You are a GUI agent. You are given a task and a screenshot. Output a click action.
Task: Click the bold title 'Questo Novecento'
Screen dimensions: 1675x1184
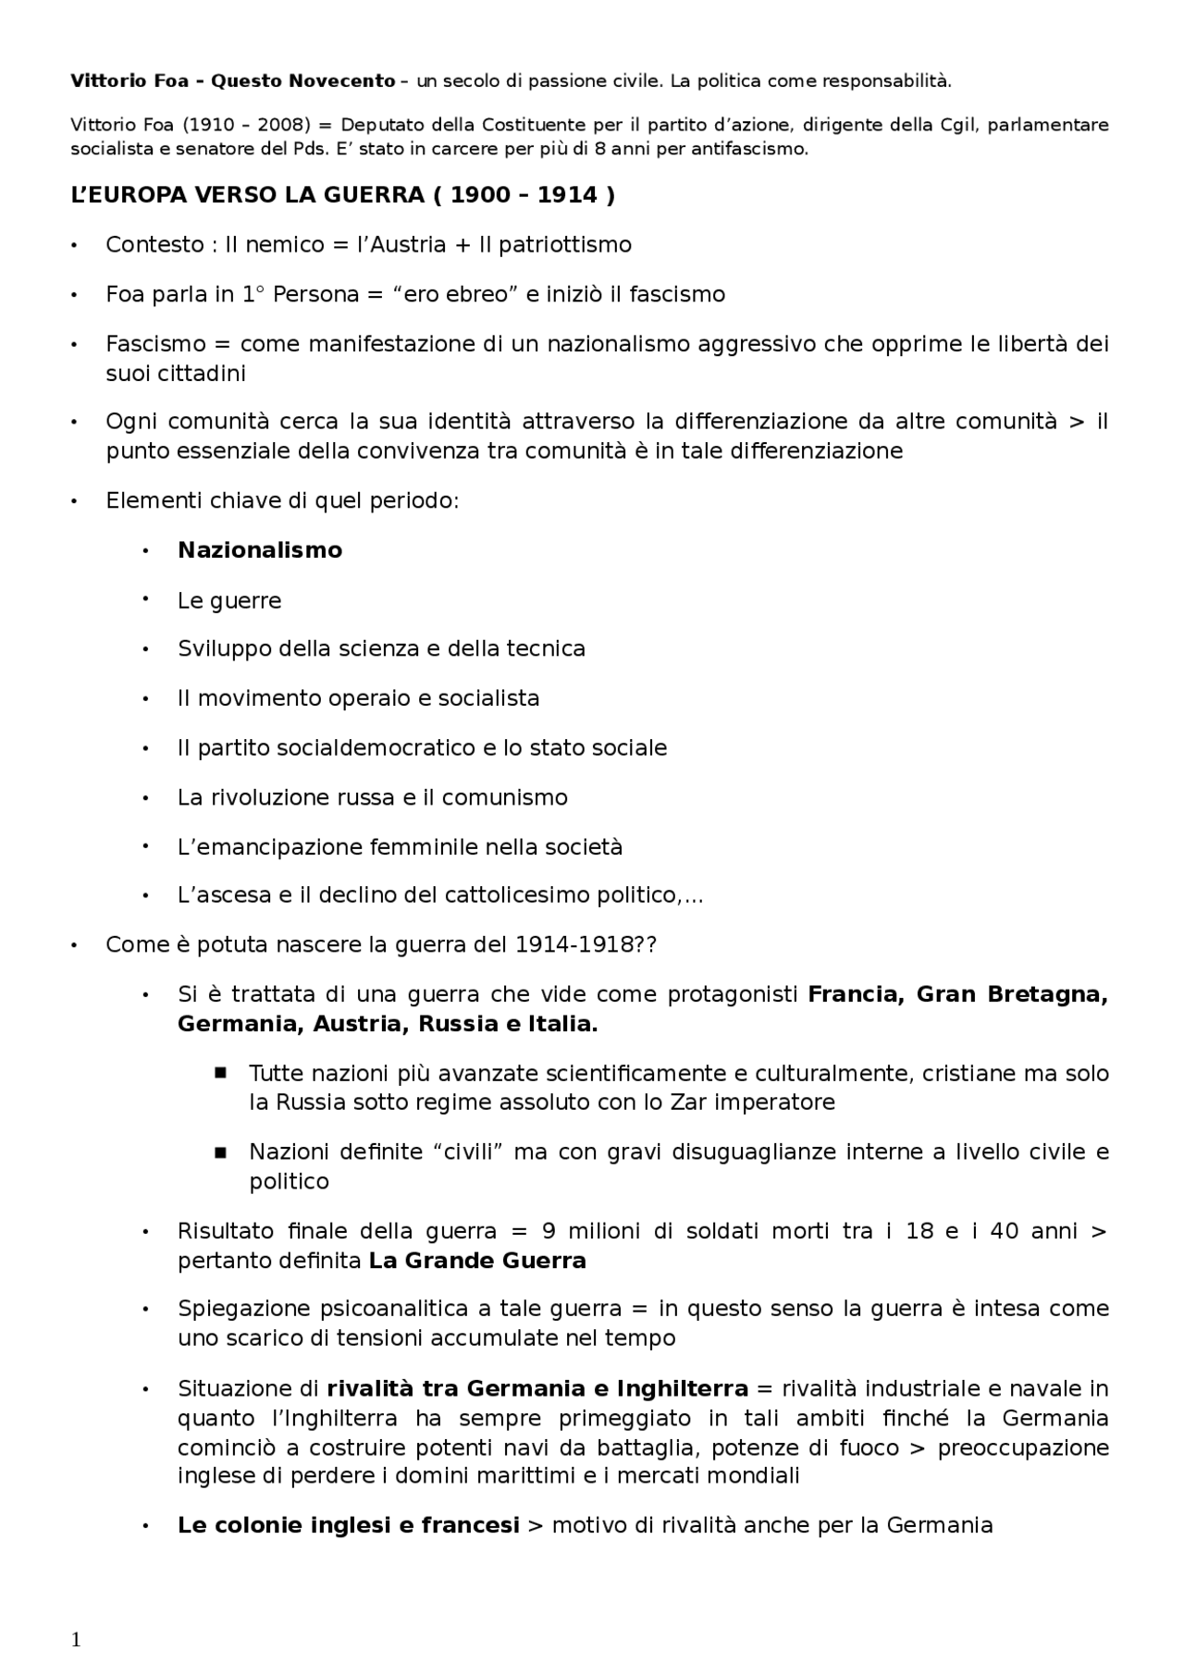coord(303,81)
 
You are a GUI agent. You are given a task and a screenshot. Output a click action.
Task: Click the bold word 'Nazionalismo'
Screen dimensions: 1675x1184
coord(260,550)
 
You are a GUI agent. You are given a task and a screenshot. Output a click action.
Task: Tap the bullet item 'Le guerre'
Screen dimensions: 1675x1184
coord(229,601)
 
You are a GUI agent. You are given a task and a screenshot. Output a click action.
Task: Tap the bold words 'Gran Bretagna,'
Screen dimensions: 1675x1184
coord(1011,995)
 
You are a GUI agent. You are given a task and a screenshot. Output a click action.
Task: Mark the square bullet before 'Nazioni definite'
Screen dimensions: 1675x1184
coord(220,1152)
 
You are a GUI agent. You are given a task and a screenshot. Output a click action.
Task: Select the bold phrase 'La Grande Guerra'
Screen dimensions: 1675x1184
coord(477,1262)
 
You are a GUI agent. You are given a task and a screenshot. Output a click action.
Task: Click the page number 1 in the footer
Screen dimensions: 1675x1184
coord(76,1641)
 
